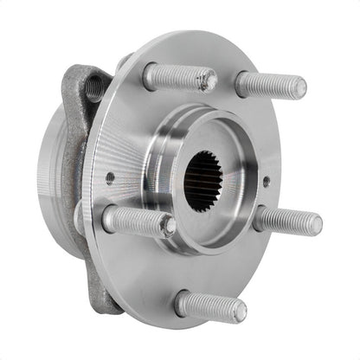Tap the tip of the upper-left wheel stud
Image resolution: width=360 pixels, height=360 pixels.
(x=207, y=81)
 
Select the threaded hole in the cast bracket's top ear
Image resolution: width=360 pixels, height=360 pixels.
(x=93, y=87)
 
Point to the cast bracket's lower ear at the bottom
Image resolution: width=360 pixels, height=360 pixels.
(x=106, y=299)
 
